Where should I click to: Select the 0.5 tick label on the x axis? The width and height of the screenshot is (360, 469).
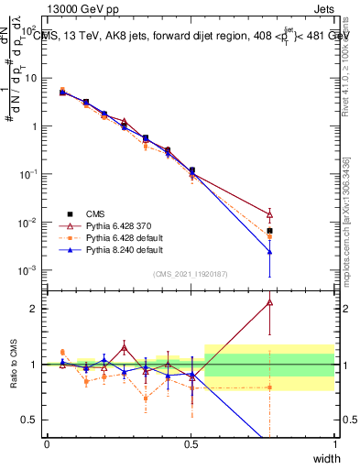pyautogui.click(x=191, y=443)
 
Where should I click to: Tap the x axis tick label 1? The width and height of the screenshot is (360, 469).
pyautogui.click(x=334, y=443)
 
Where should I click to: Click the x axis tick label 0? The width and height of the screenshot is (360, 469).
pyautogui.click(x=47, y=443)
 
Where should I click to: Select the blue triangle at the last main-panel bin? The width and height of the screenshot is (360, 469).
pyautogui.click(x=269, y=252)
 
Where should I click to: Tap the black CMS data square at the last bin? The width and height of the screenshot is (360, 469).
pyautogui.click(x=269, y=231)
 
